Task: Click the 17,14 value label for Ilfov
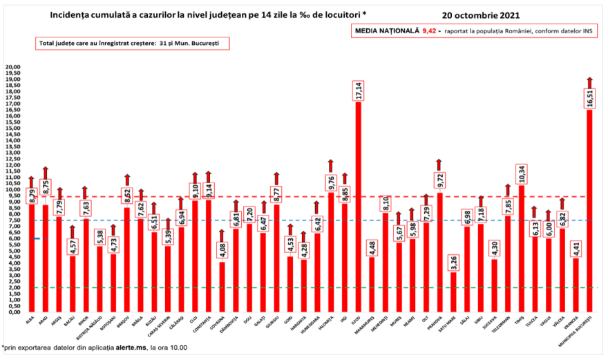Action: (x=359, y=92)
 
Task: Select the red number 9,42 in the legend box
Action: (x=430, y=31)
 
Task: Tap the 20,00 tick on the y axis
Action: (x=12, y=67)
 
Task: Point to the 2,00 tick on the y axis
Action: (x=14, y=287)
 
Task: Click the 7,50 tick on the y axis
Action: (x=14, y=220)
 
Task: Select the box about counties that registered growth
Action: (x=132, y=43)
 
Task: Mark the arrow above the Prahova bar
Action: (x=439, y=164)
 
